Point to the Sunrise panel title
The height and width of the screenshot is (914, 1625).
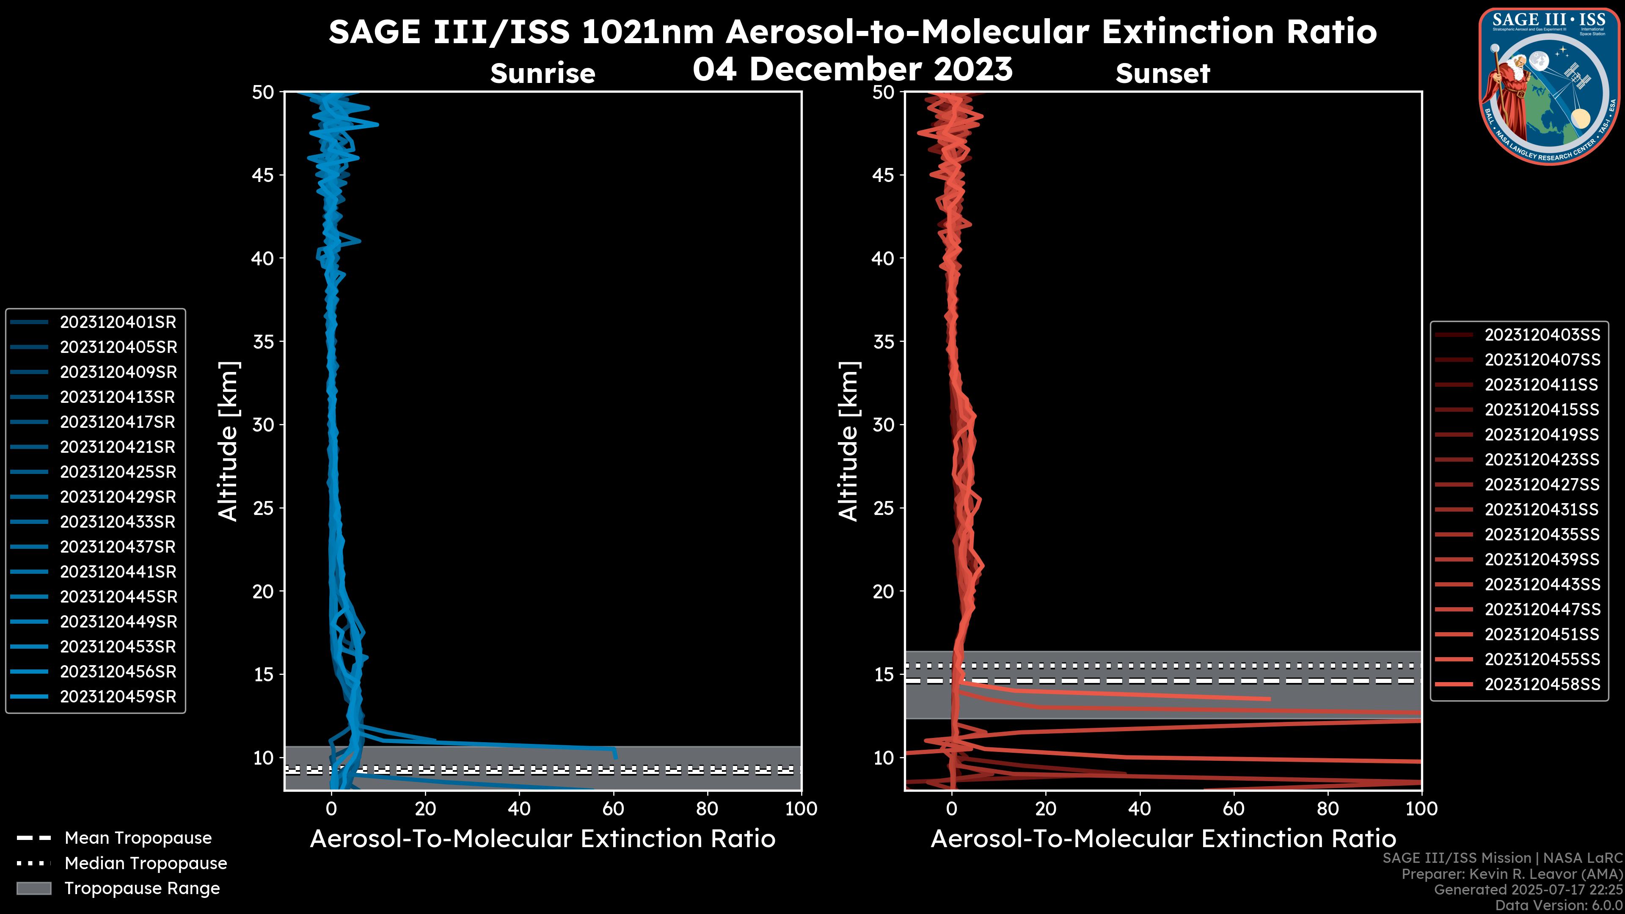[543, 74]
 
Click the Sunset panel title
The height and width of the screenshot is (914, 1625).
[1162, 74]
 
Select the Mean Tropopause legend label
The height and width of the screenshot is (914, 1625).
[138, 838]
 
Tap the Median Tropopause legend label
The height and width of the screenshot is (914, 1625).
[146, 864]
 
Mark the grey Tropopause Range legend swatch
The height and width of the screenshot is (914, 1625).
[34, 889]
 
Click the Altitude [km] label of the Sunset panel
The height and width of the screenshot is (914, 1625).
[848, 441]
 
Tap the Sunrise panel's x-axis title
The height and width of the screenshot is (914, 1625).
[543, 840]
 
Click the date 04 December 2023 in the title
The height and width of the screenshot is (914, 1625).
[852, 69]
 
